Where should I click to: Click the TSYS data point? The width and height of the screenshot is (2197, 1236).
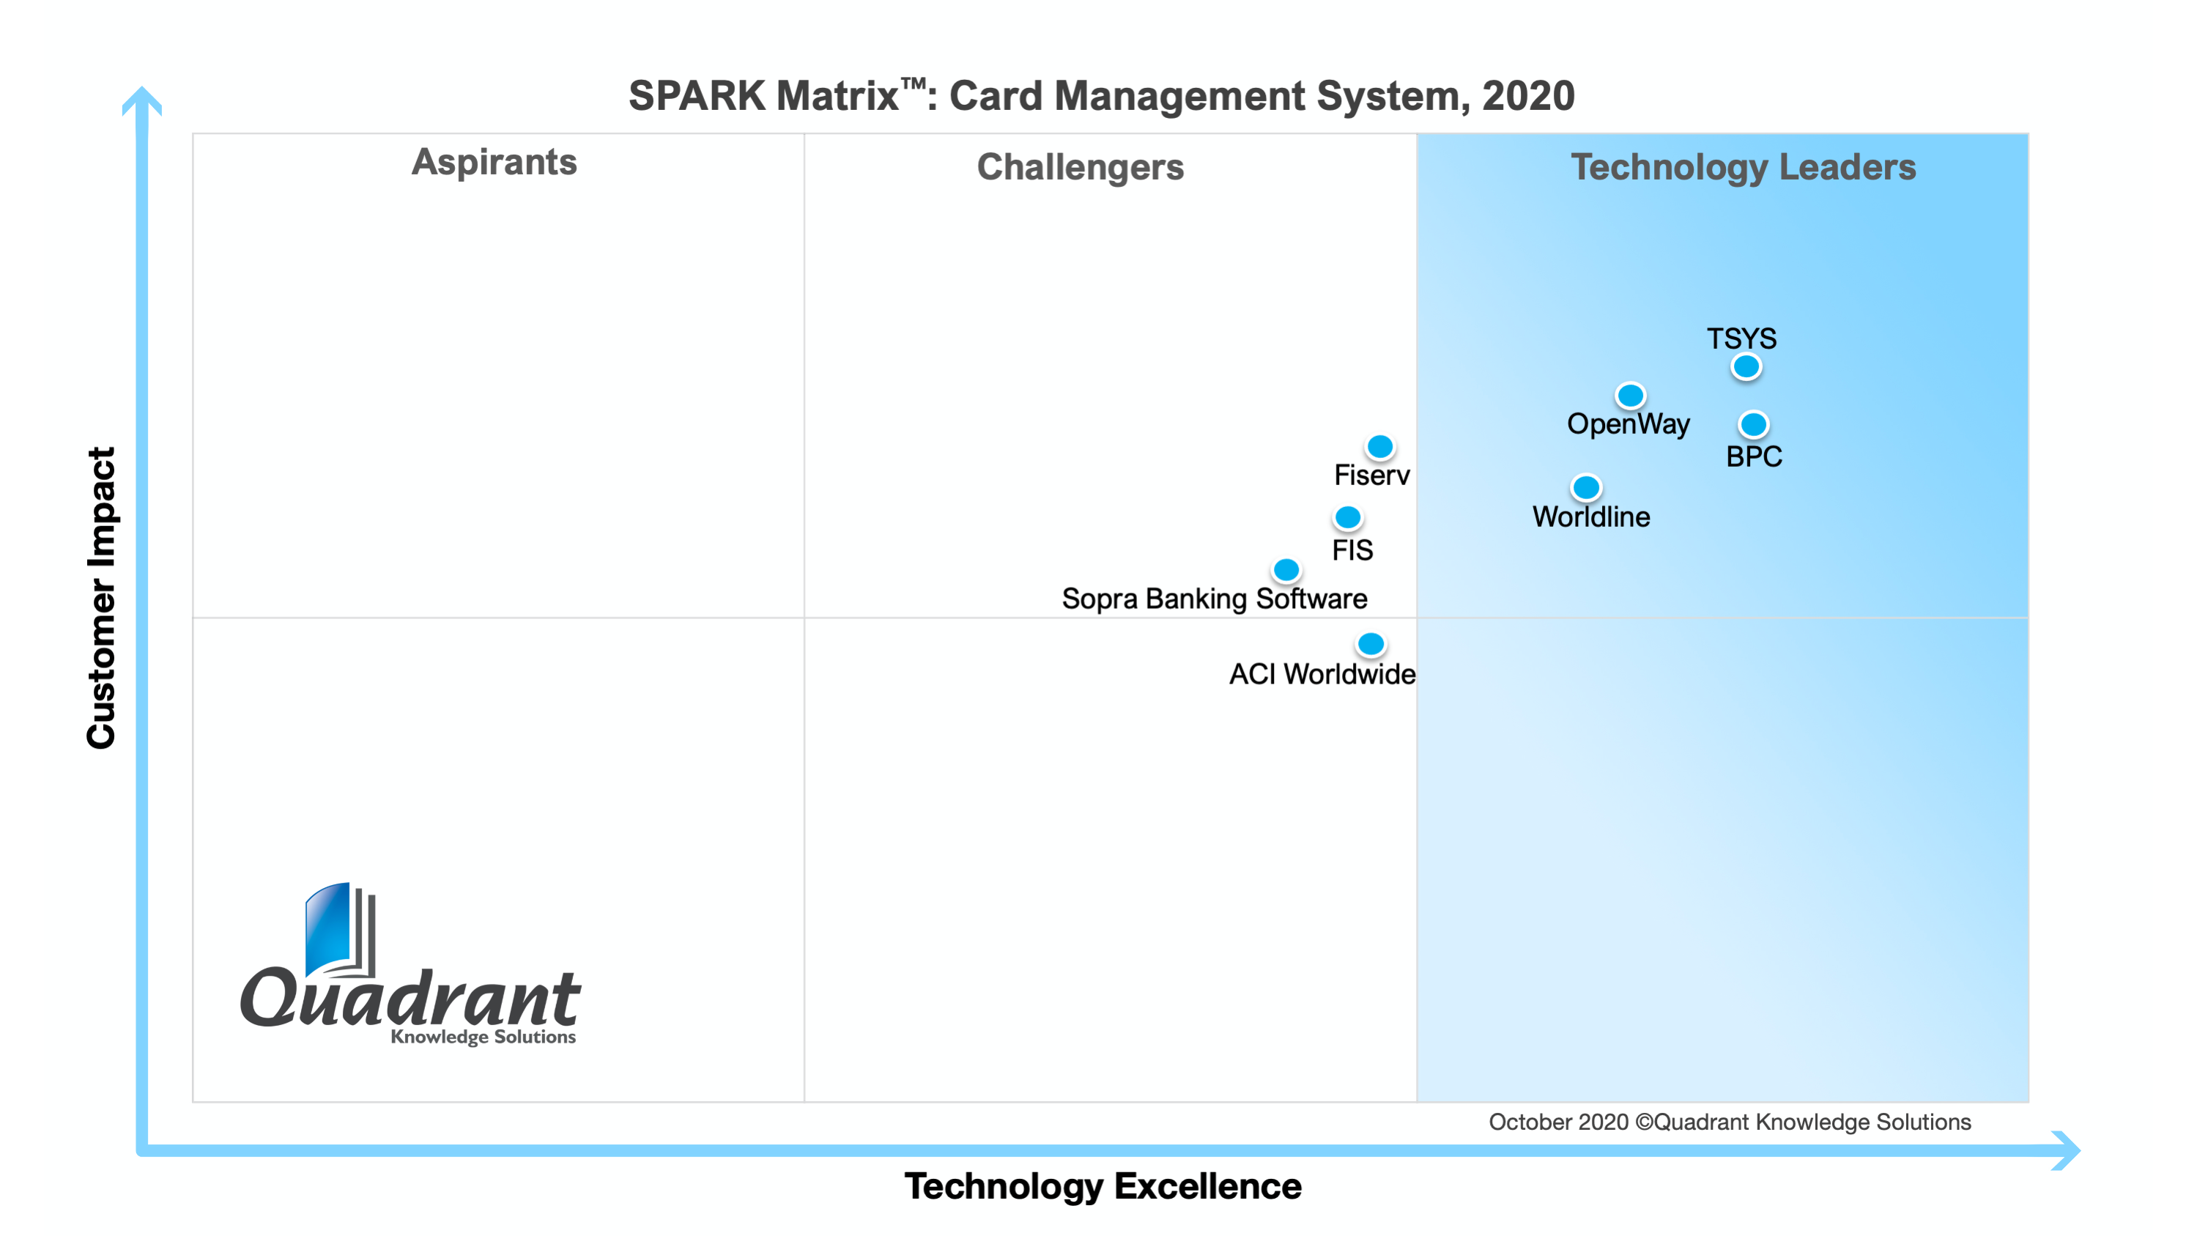1745,367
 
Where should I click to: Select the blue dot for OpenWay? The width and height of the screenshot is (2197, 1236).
1630,396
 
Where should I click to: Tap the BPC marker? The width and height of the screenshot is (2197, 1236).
1752,424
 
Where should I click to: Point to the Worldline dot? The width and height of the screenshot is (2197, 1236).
1585,488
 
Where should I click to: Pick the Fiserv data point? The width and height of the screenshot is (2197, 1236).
1380,446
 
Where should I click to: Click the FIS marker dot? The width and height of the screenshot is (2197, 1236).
1347,517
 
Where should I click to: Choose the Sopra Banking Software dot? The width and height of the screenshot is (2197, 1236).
1286,569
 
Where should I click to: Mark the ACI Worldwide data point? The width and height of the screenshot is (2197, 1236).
1371,644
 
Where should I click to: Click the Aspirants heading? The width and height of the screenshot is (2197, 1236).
494,162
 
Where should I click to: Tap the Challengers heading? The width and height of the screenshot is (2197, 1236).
1080,167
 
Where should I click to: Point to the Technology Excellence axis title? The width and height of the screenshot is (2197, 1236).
1102,1185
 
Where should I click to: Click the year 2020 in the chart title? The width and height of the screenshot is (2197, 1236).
1527,95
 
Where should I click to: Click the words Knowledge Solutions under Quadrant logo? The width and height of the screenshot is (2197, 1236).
483,1037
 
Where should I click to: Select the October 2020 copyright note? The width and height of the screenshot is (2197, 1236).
1729,1122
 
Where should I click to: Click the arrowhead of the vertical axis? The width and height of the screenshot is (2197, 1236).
141,100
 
